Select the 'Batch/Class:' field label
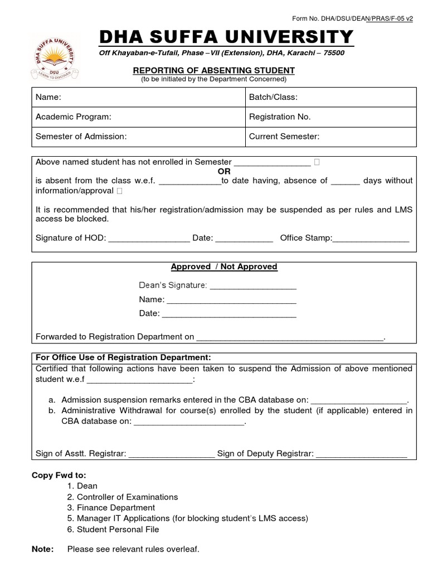click(x=273, y=97)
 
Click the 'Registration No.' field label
click(x=280, y=117)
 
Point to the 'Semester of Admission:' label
click(x=81, y=136)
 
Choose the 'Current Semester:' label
click(x=284, y=136)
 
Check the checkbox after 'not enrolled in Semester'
click(x=317, y=162)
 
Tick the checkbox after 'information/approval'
click(x=120, y=191)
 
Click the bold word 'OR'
click(x=223, y=171)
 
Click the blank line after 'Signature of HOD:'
click(x=149, y=239)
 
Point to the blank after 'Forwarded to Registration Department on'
click(x=290, y=337)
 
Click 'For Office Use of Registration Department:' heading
click(x=123, y=357)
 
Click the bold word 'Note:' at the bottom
click(x=43, y=549)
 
